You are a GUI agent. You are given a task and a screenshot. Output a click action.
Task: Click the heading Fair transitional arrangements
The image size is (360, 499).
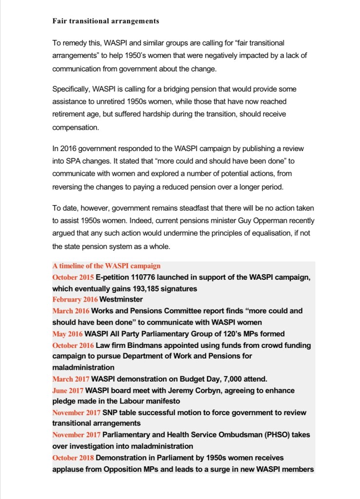click(x=106, y=21)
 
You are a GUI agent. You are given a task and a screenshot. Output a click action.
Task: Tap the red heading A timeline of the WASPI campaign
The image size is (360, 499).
click(x=106, y=266)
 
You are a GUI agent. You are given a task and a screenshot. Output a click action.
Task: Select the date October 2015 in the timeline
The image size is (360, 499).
click(x=73, y=277)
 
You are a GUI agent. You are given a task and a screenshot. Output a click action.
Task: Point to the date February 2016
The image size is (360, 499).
click(x=75, y=300)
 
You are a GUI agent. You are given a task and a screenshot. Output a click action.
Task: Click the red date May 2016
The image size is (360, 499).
click(x=67, y=334)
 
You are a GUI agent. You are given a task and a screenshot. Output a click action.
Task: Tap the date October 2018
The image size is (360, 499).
click(x=73, y=458)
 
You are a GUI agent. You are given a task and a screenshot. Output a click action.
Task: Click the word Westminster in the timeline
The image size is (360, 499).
click(x=121, y=300)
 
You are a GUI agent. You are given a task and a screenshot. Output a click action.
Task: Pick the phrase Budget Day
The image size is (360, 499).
click(x=192, y=379)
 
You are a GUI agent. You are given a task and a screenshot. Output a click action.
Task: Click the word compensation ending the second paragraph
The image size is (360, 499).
click(x=75, y=127)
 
